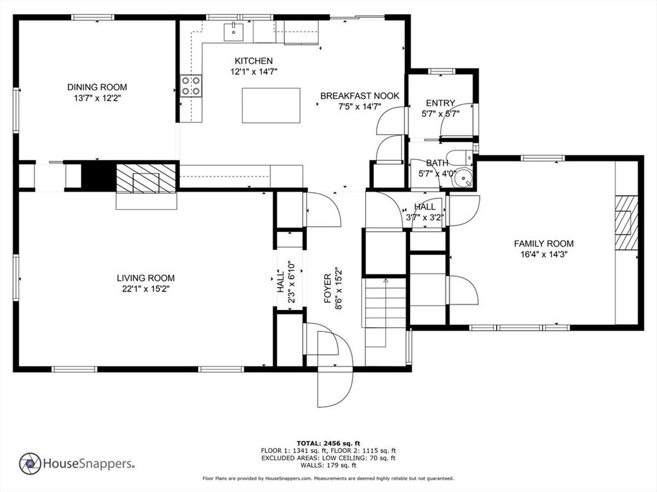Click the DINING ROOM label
(x=98, y=87)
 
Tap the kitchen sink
(x=234, y=32)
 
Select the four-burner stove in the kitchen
(x=191, y=86)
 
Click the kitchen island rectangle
(x=271, y=106)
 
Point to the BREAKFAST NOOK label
(x=360, y=96)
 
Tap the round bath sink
(x=464, y=177)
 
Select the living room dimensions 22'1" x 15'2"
(x=146, y=289)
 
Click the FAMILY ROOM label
(x=544, y=243)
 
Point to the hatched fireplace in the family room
(x=626, y=223)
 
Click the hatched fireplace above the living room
(x=146, y=179)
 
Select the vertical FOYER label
(x=328, y=288)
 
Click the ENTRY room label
(x=440, y=103)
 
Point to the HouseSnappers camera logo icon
(x=30, y=464)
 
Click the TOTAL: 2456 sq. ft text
(x=328, y=443)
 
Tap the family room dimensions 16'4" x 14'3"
(x=544, y=254)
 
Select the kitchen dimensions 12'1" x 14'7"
(x=254, y=72)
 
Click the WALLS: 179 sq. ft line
(x=328, y=465)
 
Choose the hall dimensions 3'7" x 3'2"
(x=425, y=217)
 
